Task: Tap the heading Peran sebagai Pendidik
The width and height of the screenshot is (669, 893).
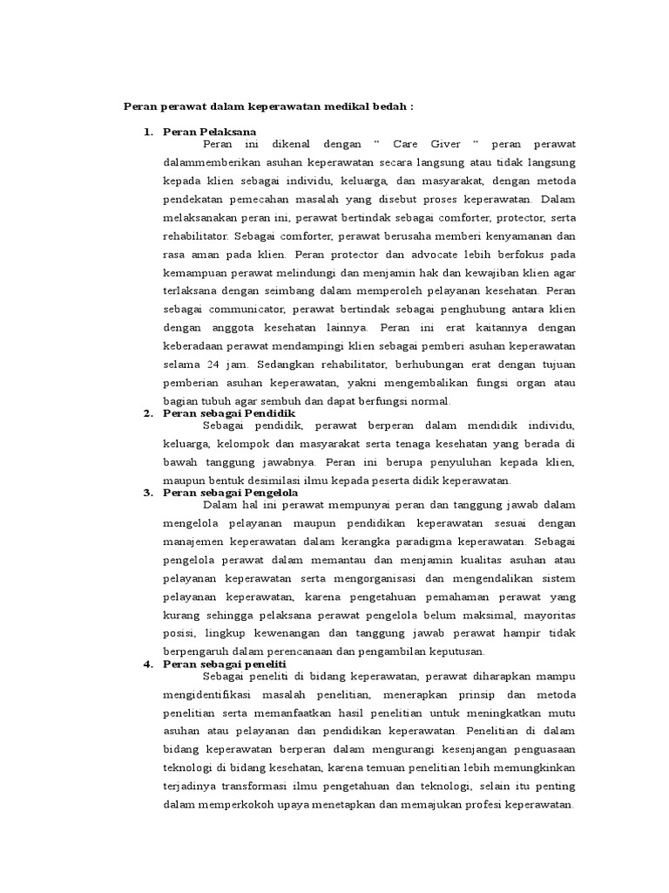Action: point(229,412)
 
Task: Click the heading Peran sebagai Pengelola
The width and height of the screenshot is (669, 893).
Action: point(231,493)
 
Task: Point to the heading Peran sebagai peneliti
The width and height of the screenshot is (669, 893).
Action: point(225,664)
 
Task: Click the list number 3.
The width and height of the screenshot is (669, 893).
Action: point(148,493)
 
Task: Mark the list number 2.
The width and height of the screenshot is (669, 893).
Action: point(148,412)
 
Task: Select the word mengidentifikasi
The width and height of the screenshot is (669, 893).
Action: point(215,694)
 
